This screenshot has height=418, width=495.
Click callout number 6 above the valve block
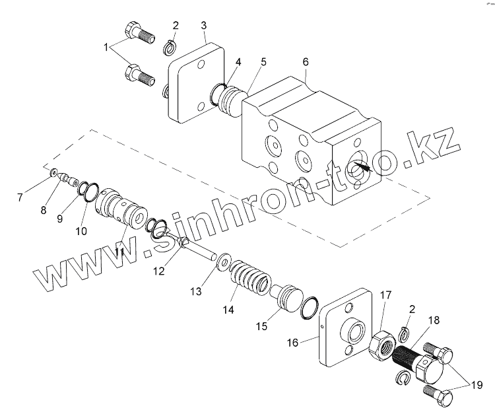304,61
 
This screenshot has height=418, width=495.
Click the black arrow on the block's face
361,167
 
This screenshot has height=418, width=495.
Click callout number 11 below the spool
119,252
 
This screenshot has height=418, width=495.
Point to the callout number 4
238,61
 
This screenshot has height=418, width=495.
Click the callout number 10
81,230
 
